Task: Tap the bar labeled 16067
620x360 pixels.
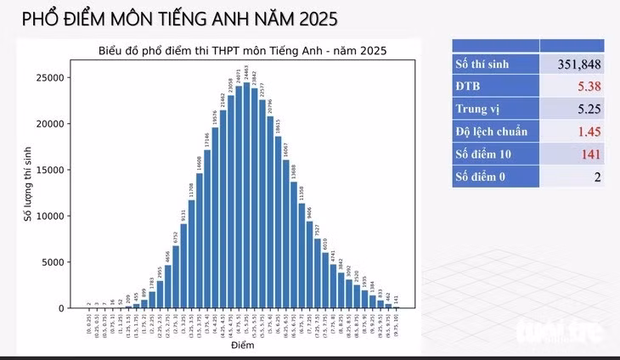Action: point(286,233)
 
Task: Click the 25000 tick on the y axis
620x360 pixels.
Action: point(48,77)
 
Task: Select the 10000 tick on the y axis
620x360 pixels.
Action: point(48,216)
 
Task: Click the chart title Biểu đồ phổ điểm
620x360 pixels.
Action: point(242,50)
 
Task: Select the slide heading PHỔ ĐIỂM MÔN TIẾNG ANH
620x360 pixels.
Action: point(178,18)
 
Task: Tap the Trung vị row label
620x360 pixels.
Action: point(479,109)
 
